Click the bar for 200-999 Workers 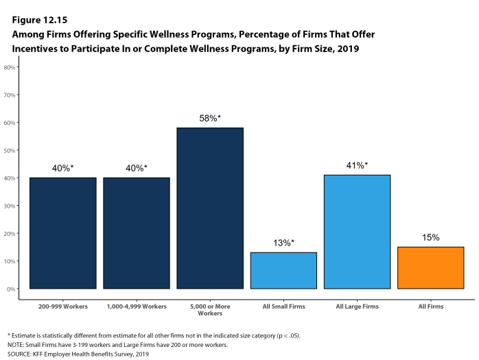coord(62,233)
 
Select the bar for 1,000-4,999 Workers coord(137,233)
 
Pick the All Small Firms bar coord(283,270)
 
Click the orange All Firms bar coord(430,267)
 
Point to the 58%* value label coord(210,119)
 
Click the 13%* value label coord(283,243)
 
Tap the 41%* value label coord(357,165)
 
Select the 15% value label coord(430,237)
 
